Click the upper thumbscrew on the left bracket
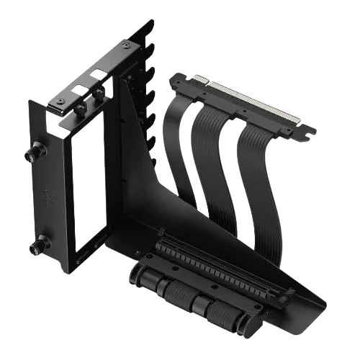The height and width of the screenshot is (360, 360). [32, 153]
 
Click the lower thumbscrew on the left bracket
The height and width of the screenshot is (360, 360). [34, 247]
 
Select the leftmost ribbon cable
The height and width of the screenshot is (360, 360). [178, 144]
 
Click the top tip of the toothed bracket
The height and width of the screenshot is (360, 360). [150, 23]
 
